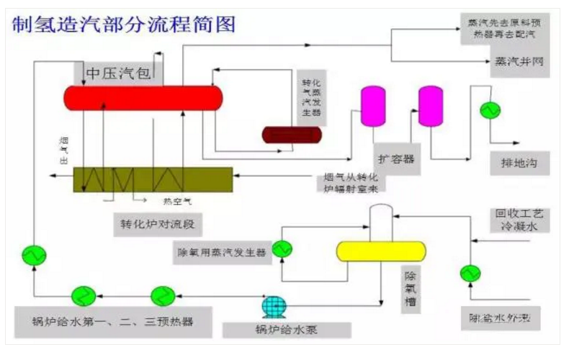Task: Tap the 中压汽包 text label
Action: pyautogui.click(x=118, y=73)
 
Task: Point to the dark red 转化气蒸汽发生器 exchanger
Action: pyautogui.click(x=291, y=135)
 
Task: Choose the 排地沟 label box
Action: pyautogui.click(x=513, y=162)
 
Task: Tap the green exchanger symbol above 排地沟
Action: pyautogui.click(x=490, y=109)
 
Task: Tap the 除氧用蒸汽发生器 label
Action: pyautogui.click(x=223, y=253)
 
